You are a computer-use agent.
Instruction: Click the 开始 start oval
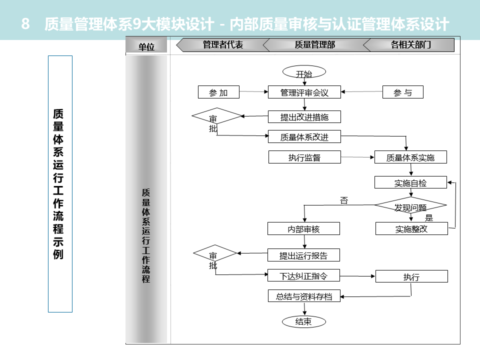303,73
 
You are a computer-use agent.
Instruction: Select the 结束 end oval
303,321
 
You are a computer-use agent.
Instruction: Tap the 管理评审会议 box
304,92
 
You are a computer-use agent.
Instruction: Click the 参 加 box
218,92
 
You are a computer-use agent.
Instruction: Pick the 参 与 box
402,92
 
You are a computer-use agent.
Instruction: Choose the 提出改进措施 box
304,117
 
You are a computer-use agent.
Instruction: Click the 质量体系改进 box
304,136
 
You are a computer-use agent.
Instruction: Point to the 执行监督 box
304,157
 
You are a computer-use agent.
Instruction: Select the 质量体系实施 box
410,157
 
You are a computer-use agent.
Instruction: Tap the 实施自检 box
410,182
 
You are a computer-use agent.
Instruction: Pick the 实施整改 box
411,229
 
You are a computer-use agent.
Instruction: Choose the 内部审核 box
303,229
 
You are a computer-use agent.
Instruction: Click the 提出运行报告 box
303,255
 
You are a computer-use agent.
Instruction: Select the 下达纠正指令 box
303,275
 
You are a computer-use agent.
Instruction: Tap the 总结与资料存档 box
303,296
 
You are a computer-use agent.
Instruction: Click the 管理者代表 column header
222,45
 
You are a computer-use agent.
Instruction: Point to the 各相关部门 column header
410,45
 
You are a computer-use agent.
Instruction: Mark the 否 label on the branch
344,200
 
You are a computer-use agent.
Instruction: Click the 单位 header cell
146,46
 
